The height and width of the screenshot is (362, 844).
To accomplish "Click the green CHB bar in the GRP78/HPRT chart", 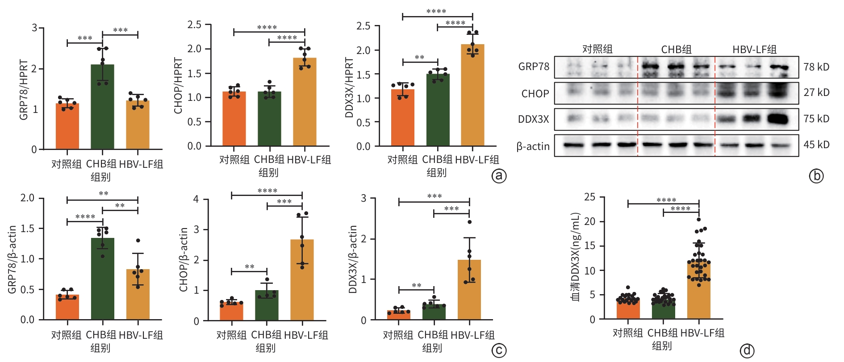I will pyautogui.click(x=102, y=107).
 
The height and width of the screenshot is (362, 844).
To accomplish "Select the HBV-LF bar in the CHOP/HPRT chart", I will pyautogui.click(x=305, y=103).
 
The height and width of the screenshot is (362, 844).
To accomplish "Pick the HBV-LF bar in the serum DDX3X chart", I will pyautogui.click(x=698, y=290).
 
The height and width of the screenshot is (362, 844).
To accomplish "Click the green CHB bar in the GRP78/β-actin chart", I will pyautogui.click(x=102, y=279).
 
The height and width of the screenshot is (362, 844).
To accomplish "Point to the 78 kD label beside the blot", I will pyautogui.click(x=816, y=67).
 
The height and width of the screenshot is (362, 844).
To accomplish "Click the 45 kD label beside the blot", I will pyautogui.click(x=816, y=145).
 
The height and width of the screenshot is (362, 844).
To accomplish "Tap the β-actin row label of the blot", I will pyautogui.click(x=533, y=146).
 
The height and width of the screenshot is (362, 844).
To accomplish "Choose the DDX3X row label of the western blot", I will pyautogui.click(x=533, y=119).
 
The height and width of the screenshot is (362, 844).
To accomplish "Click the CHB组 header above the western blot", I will pyautogui.click(x=676, y=49).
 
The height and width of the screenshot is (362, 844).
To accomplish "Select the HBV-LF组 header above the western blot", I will pyautogui.click(x=754, y=49).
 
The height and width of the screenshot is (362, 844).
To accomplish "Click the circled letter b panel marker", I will pyautogui.click(x=816, y=176).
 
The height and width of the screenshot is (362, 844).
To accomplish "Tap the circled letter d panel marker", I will pyautogui.click(x=747, y=351).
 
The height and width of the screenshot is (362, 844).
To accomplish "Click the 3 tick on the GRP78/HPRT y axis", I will pyautogui.click(x=34, y=28).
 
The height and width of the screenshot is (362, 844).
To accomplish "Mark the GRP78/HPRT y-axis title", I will pyautogui.click(x=24, y=90).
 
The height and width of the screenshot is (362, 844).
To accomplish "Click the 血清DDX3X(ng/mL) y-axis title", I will pyautogui.click(x=576, y=257).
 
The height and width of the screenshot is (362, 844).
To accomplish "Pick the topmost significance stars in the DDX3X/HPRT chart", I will pyautogui.click(x=436, y=11).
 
